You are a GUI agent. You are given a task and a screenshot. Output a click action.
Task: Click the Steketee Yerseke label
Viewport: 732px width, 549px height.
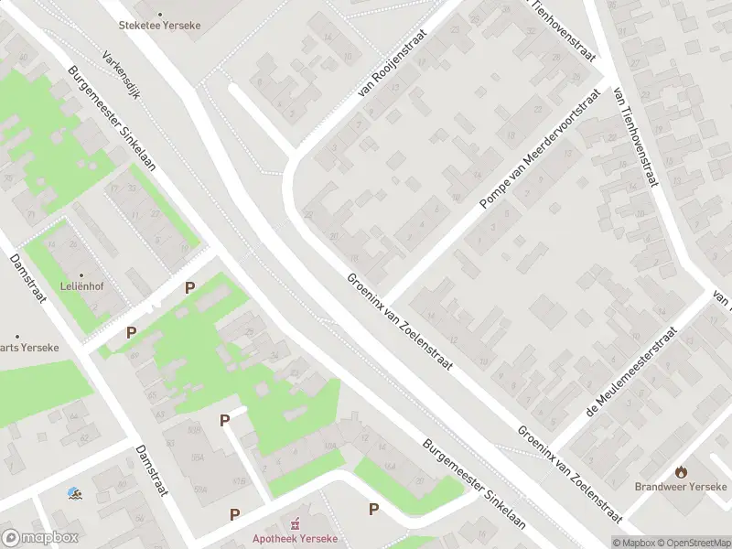[166, 25]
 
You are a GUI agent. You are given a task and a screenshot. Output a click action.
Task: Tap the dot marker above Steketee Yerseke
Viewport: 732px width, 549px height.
[161, 14]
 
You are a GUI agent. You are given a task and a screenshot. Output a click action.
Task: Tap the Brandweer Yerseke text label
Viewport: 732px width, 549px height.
[682, 486]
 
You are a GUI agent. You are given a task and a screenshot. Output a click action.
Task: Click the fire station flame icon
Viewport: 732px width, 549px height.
[682, 472]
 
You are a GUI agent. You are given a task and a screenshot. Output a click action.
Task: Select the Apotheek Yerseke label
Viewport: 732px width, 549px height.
[295, 538]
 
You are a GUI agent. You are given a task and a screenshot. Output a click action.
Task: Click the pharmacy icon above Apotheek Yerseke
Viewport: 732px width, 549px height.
[295, 524]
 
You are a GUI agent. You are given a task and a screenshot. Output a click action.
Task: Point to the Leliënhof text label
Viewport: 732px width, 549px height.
[81, 285]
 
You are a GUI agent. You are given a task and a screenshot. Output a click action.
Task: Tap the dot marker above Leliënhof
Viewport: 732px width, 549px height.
[81, 274]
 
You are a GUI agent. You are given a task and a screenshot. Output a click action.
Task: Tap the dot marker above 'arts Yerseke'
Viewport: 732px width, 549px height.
[16, 336]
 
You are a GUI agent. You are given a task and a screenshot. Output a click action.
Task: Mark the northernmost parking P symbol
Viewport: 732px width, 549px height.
[189, 287]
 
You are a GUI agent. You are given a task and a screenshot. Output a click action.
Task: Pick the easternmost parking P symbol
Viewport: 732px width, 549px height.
[373, 509]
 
